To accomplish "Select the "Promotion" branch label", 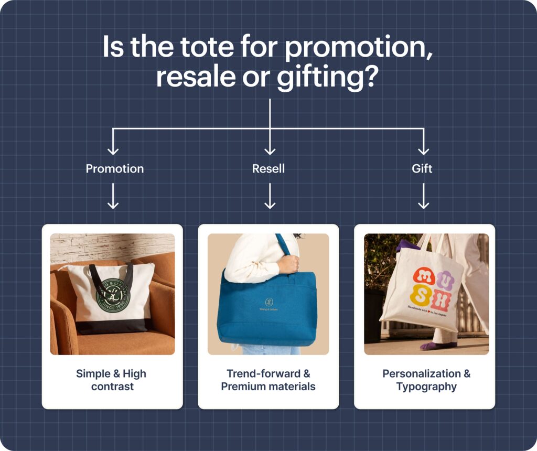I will point(114,169).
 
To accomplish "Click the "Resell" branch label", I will point(268,169).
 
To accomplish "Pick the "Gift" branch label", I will point(422,169).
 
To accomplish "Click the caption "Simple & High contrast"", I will point(112,380).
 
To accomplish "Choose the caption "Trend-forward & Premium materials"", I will point(268,380).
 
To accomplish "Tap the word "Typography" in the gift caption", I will point(426,387).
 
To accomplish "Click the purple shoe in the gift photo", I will point(433,346).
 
